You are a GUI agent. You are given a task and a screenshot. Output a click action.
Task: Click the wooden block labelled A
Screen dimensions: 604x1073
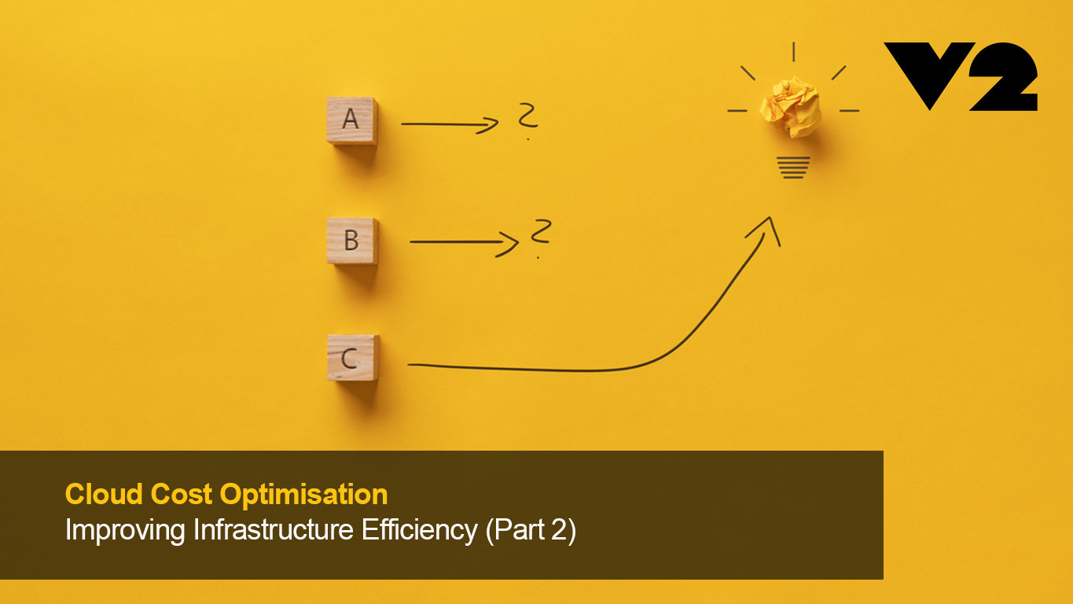351,120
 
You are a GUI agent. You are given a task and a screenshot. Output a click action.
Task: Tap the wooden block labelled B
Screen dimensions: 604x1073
352,240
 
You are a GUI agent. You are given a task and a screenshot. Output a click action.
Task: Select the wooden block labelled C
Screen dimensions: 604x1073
352,358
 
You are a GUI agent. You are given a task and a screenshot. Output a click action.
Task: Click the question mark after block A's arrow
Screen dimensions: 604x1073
527,120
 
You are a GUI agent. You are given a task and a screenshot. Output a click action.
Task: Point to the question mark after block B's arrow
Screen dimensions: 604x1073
539,237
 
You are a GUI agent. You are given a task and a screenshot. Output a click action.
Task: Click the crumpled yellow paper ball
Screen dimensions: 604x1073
790,106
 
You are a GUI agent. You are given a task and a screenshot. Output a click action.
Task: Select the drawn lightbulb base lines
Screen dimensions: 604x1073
793,167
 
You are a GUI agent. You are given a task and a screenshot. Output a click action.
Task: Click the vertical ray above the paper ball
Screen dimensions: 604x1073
793,51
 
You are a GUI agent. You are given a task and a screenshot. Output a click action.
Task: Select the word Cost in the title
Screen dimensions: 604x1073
182,494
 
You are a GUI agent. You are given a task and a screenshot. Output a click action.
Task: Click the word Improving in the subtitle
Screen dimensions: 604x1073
126,531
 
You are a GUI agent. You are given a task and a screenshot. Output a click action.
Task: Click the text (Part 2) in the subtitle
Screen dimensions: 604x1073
531,531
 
